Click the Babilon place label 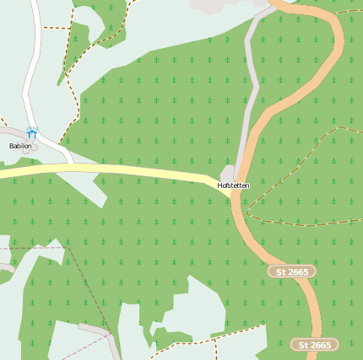pos(20,146)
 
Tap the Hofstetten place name pos(233,185)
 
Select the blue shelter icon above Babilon pos(31,132)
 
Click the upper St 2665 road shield pos(292,271)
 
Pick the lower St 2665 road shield pos(315,345)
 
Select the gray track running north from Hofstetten pos(250,84)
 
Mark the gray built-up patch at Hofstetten pos(228,173)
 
